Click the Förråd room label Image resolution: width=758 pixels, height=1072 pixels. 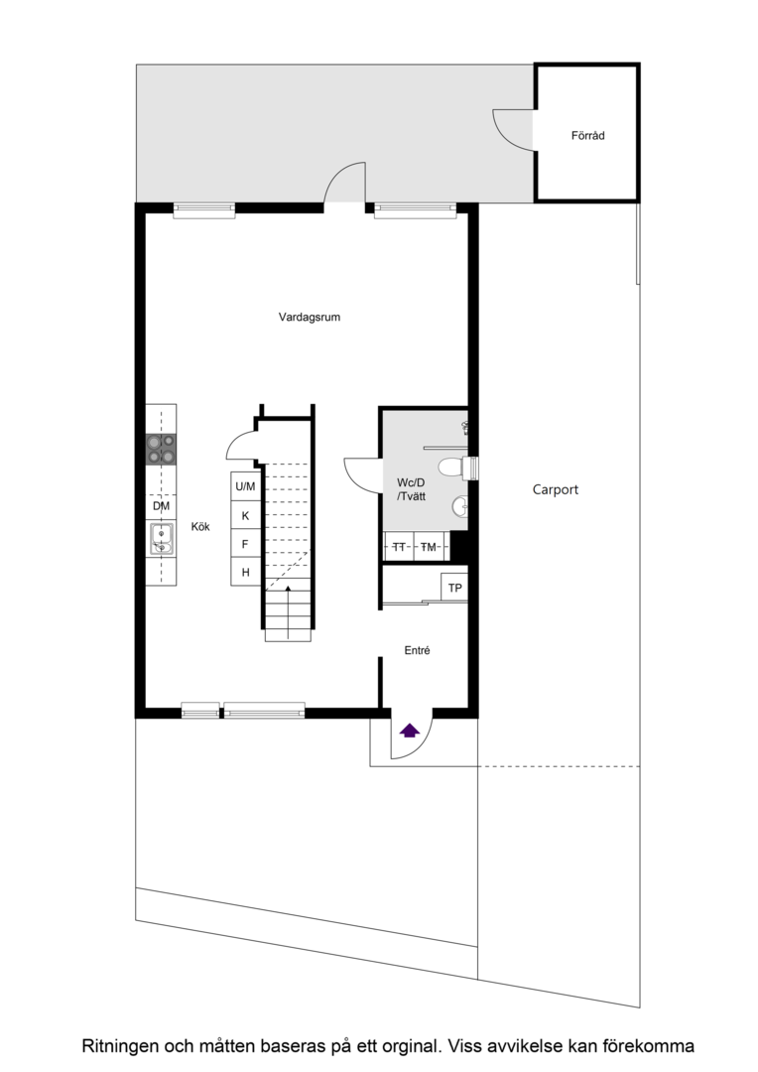[x=587, y=135]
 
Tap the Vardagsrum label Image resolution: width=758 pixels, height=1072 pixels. [x=309, y=318]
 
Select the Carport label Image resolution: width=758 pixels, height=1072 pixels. [x=555, y=489]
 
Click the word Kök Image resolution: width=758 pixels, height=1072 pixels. [x=200, y=526]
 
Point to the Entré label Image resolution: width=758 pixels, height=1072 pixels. [x=417, y=650]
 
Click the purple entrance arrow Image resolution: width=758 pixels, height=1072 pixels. [x=410, y=731]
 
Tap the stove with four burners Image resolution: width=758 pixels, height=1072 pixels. [x=162, y=450]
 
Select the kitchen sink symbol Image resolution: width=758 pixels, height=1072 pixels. [x=162, y=539]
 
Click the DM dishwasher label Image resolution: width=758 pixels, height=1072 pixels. [x=162, y=506]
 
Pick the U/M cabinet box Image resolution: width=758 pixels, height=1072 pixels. [x=245, y=486]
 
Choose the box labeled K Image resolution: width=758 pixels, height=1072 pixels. [x=245, y=515]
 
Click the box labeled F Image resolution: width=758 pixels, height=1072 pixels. [x=245, y=544]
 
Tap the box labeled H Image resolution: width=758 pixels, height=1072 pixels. [x=245, y=572]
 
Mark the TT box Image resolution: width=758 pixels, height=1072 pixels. [x=399, y=546]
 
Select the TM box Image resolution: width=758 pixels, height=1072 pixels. [x=430, y=546]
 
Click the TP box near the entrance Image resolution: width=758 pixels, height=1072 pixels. [x=454, y=588]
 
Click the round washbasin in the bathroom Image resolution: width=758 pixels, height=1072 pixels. [x=460, y=506]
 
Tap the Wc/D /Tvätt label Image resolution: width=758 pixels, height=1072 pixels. [x=411, y=489]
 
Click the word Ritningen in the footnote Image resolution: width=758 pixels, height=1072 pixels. [x=120, y=1046]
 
